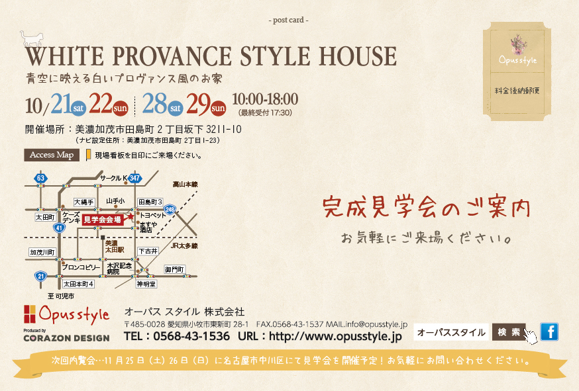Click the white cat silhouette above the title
[x=32, y=38]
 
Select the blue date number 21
[x=62, y=103]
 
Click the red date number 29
[x=198, y=104]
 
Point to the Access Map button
[x=52, y=155]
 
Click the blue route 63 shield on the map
[x=40, y=178]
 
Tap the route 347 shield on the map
[x=134, y=178]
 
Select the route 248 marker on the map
[x=170, y=210]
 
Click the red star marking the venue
[x=130, y=216]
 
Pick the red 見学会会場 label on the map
[x=103, y=220]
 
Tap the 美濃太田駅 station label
[x=115, y=246]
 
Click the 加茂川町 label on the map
[x=42, y=252]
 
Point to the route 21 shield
[x=40, y=277]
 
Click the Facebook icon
[x=549, y=331]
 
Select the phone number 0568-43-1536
[x=191, y=336]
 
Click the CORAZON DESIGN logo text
[x=66, y=338]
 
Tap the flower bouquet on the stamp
[x=518, y=44]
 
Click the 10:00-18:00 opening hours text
[x=265, y=99]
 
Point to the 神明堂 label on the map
[x=146, y=284]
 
